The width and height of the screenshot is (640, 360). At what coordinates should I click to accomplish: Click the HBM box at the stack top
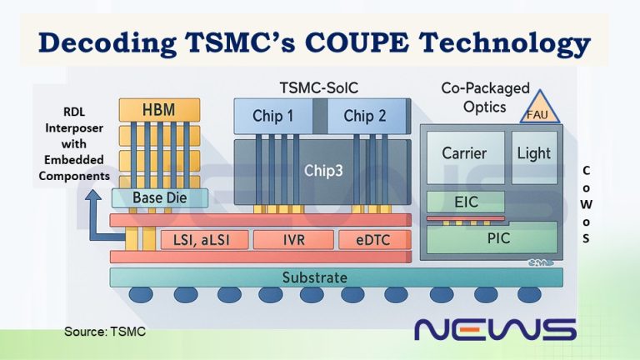tap(159, 109)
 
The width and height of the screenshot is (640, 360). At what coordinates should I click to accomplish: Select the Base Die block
tap(159, 197)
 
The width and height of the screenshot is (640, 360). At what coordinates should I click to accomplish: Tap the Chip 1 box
tap(272, 117)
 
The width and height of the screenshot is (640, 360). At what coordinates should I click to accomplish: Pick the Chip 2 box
tap(365, 117)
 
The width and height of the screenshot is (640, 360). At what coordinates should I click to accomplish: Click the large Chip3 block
tap(320, 171)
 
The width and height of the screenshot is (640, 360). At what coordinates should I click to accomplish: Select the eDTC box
tap(376, 240)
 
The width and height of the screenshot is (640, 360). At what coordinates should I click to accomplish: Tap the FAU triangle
tap(537, 109)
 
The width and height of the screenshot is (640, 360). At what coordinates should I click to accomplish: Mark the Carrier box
tap(464, 155)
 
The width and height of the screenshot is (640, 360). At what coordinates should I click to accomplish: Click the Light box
tap(533, 155)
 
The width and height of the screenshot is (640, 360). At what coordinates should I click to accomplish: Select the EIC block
tap(464, 201)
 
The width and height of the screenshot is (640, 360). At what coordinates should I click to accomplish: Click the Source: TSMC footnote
tap(104, 332)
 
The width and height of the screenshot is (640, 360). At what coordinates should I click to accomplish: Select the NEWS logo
tap(495, 328)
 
